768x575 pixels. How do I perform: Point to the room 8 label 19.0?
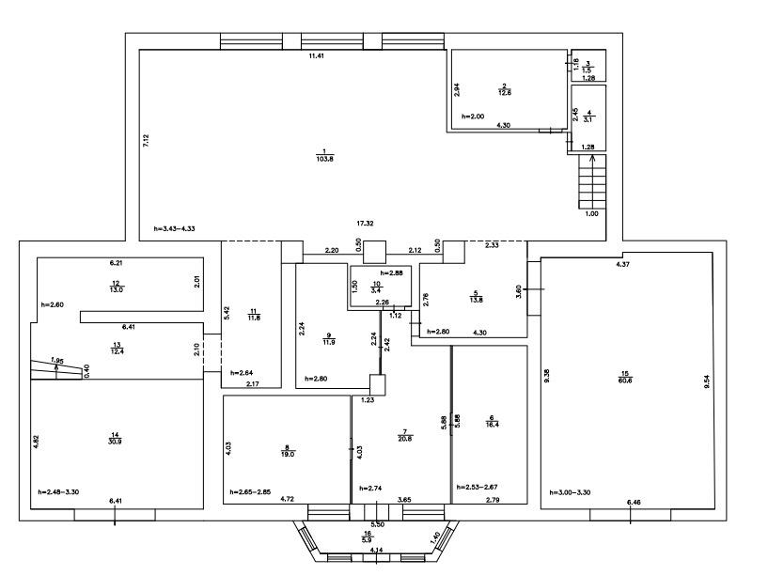[287, 451]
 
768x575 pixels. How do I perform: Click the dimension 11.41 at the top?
[316, 57]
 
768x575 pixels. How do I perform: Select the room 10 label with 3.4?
[377, 287]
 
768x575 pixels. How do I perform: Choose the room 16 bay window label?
[368, 536]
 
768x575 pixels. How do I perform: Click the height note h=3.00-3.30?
[571, 492]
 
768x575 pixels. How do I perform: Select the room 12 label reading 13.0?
[116, 286]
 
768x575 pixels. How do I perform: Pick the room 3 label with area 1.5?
[587, 67]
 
